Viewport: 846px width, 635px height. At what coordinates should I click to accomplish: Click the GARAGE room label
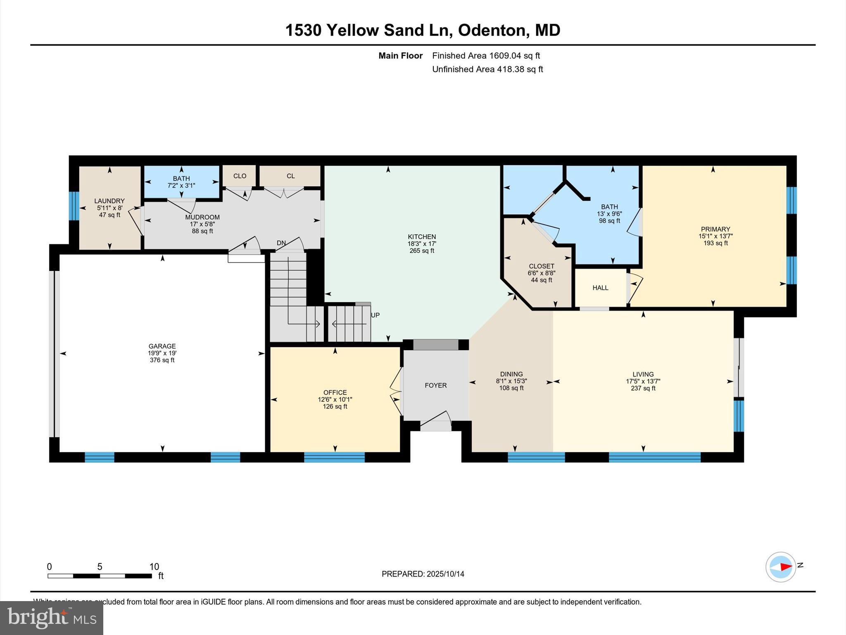coord(162,346)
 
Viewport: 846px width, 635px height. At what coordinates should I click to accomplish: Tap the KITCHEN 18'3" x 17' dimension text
coord(422,244)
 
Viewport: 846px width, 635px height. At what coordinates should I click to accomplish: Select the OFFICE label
coord(335,392)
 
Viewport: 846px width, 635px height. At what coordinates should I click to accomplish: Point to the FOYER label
coord(435,385)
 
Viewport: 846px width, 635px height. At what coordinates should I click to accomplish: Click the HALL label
coord(600,288)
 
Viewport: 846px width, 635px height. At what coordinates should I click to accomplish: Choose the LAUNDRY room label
coord(109,201)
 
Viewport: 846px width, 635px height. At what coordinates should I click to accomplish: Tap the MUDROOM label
coord(202,217)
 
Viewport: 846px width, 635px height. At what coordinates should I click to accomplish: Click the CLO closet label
coord(240,176)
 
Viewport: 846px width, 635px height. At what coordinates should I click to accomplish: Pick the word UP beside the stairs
coord(375,315)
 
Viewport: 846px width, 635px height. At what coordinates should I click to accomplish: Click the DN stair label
coord(281,243)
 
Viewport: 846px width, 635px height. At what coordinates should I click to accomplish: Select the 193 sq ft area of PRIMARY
coord(715,243)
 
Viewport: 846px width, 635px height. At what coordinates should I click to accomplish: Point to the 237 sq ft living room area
coord(643,388)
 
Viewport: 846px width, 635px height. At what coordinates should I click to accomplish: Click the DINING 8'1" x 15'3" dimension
coord(511,381)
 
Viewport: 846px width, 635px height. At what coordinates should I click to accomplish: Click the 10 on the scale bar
coord(154,567)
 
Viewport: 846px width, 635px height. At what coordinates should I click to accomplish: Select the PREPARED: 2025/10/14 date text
coord(423,574)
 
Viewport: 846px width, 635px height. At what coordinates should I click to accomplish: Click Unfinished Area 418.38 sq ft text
coord(487,69)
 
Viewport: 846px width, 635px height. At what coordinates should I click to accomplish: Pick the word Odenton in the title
coord(491,30)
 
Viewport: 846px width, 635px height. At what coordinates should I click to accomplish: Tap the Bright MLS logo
coord(52,618)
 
